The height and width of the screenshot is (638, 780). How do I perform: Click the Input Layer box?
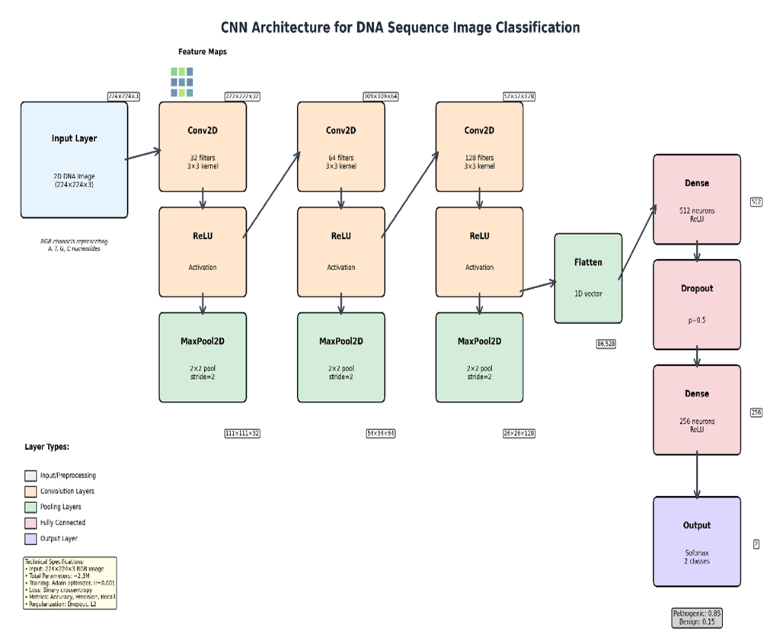(x=74, y=160)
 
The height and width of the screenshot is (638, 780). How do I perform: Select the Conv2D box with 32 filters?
(x=203, y=146)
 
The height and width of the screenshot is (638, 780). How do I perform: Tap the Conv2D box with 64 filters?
(x=340, y=146)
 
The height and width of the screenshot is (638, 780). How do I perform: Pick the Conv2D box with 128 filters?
(x=479, y=146)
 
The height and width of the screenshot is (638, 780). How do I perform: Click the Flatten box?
(x=588, y=277)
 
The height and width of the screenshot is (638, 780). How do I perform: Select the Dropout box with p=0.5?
(x=696, y=304)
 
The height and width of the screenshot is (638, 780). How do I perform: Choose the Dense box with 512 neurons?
(x=696, y=199)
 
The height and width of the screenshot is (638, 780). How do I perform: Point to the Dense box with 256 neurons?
(x=696, y=409)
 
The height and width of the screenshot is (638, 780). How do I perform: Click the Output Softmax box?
(x=696, y=541)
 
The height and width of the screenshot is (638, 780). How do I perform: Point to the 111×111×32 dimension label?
(x=242, y=433)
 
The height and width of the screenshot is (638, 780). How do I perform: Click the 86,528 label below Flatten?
(x=606, y=344)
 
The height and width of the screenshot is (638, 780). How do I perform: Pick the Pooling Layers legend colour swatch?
(x=30, y=507)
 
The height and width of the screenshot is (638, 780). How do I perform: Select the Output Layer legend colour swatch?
(x=30, y=538)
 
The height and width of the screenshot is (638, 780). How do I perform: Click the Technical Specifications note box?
(x=70, y=582)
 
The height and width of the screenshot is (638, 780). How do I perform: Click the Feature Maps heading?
(x=203, y=52)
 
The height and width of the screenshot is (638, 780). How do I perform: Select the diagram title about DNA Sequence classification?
(x=400, y=27)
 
